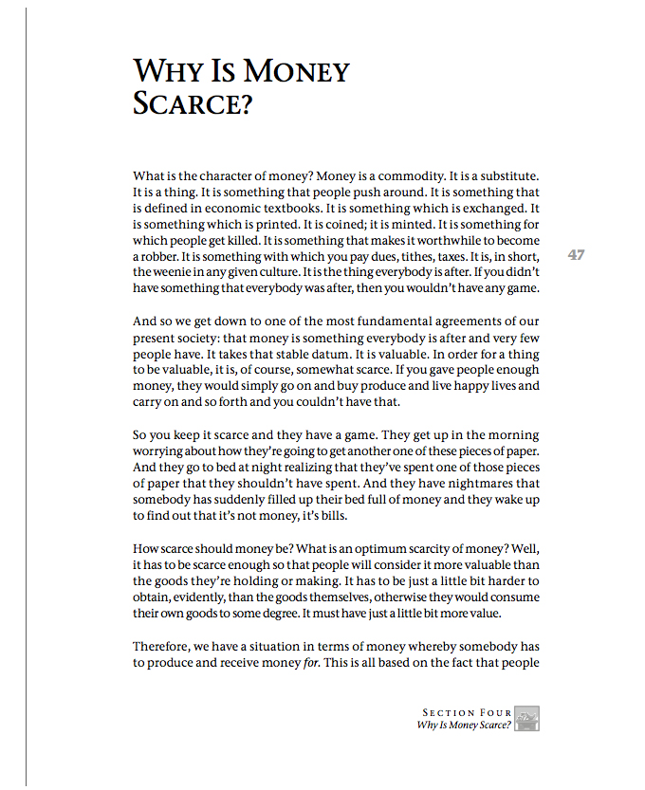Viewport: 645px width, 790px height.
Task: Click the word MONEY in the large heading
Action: (x=296, y=71)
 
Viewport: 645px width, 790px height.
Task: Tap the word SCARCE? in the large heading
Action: (x=193, y=102)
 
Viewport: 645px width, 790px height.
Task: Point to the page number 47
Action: (x=576, y=254)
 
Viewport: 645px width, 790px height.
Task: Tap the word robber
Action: (x=155, y=257)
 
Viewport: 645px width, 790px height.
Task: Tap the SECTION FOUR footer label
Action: (x=468, y=712)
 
